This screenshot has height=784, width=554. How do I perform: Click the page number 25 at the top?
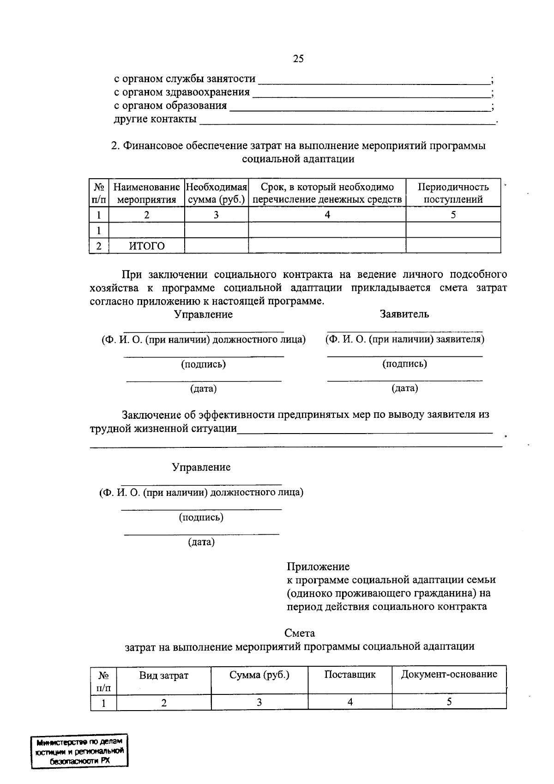pos(298,59)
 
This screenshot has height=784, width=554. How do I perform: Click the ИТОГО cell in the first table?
pos(146,246)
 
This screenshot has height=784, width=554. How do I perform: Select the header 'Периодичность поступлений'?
pos(453,193)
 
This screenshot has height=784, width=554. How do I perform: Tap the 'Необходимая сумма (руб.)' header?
pos(216,193)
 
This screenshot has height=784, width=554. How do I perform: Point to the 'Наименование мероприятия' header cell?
pos(146,193)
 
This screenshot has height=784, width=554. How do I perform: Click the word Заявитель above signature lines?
pos(404,314)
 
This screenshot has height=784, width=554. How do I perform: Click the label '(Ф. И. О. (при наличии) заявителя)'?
pos(404,339)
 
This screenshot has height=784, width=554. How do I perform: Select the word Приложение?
pos(318,567)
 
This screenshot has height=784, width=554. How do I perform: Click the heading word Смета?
pos(300,633)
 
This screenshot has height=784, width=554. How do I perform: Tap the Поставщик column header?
pos(349,675)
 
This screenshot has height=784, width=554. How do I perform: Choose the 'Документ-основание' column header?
pos(449,674)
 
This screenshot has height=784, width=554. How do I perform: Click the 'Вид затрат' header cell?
pos(164,675)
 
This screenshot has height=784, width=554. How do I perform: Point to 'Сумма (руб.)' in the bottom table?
pos(259,675)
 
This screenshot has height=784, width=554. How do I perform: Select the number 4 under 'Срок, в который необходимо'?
pos(327,215)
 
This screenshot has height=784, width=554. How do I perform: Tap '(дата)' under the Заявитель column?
pos(404,388)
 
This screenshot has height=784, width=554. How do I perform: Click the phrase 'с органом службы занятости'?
pos(185,79)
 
